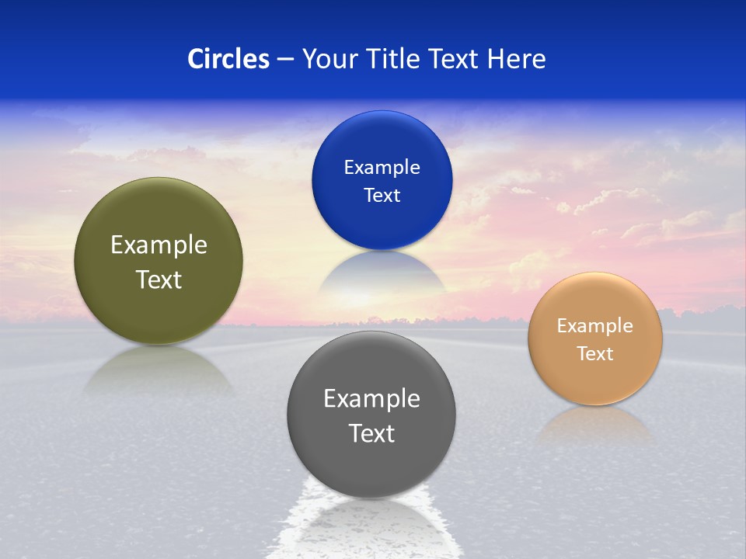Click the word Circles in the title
228,59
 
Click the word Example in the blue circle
382,168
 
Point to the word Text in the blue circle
382,196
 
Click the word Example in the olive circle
159,245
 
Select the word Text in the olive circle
159,279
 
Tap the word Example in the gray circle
371,399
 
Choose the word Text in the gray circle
371,433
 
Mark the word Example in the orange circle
595,326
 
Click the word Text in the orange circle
595,354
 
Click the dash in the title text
285,60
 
